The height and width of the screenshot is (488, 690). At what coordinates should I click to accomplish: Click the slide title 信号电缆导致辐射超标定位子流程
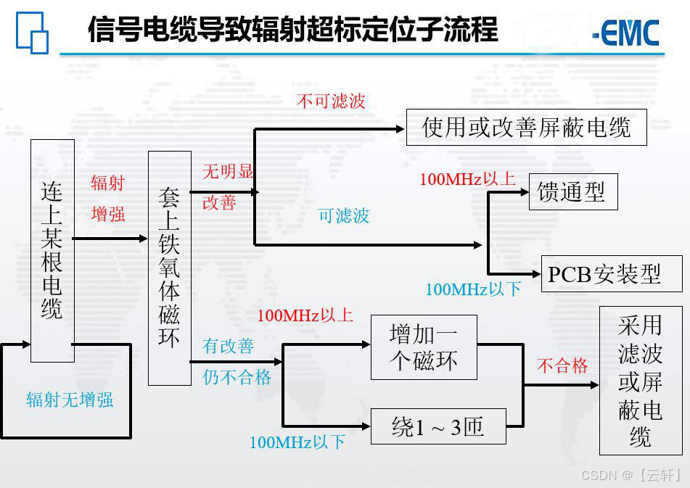point(293,30)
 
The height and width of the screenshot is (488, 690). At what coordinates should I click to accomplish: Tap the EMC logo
point(625,33)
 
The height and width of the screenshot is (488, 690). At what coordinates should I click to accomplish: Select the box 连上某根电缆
point(52,251)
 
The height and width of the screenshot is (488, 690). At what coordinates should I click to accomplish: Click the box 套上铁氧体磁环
point(169,268)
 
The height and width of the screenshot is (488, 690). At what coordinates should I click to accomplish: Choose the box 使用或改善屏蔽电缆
point(526,128)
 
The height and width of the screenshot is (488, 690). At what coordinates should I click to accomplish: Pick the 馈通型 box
point(572,192)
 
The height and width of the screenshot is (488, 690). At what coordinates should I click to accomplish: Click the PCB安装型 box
point(612,274)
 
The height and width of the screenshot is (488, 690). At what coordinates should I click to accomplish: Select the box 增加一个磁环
point(424,347)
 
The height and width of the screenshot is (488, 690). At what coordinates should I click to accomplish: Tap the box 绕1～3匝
point(438,427)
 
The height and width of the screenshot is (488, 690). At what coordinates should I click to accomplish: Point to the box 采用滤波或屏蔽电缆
point(641,381)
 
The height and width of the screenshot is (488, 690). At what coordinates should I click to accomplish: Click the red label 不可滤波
point(331,102)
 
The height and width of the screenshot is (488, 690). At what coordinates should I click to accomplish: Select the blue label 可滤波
point(344,215)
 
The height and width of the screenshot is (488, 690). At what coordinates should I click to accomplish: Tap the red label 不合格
point(562,366)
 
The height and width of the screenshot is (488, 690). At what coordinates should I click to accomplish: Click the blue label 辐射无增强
point(70,400)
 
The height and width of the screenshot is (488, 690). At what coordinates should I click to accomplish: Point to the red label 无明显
point(227,172)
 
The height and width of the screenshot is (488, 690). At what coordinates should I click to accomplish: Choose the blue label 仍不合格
point(237,377)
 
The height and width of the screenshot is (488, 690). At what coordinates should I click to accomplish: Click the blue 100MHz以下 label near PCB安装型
point(473,289)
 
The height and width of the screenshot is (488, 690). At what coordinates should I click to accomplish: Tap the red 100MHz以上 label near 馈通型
point(467,179)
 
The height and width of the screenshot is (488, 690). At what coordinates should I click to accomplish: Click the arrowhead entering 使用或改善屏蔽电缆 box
point(400,129)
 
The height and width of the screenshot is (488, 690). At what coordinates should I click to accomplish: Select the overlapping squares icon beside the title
point(32,33)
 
